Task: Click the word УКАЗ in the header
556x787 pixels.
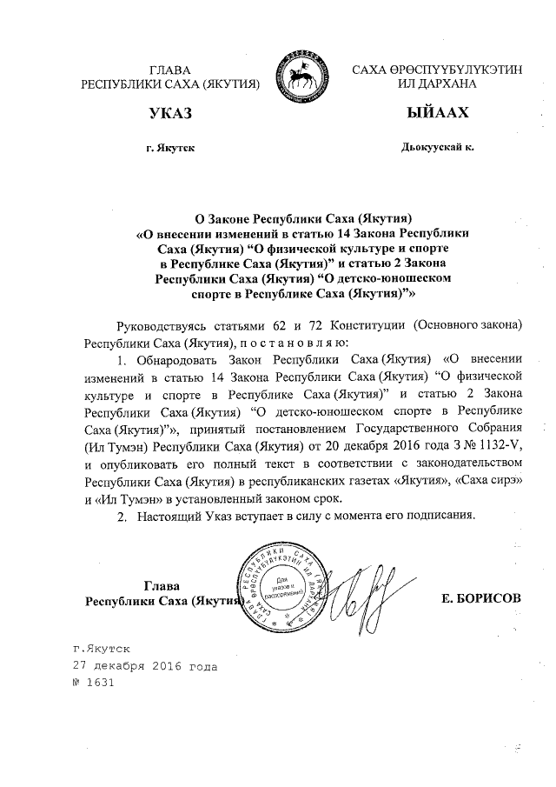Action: pos(169,115)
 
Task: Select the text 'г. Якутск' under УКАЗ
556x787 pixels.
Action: pos(170,149)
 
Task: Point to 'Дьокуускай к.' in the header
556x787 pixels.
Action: pos(438,149)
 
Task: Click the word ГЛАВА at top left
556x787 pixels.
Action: pos(170,69)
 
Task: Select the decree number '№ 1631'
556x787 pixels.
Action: pos(94,683)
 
